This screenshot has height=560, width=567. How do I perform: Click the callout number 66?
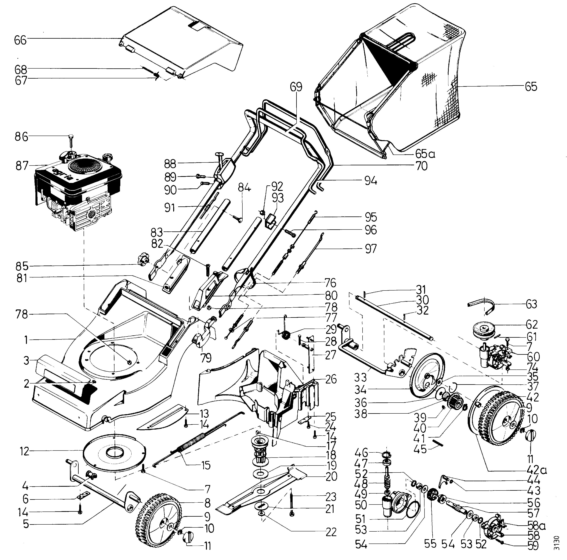point(20,40)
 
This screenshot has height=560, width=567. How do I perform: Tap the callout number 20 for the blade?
point(331,476)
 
